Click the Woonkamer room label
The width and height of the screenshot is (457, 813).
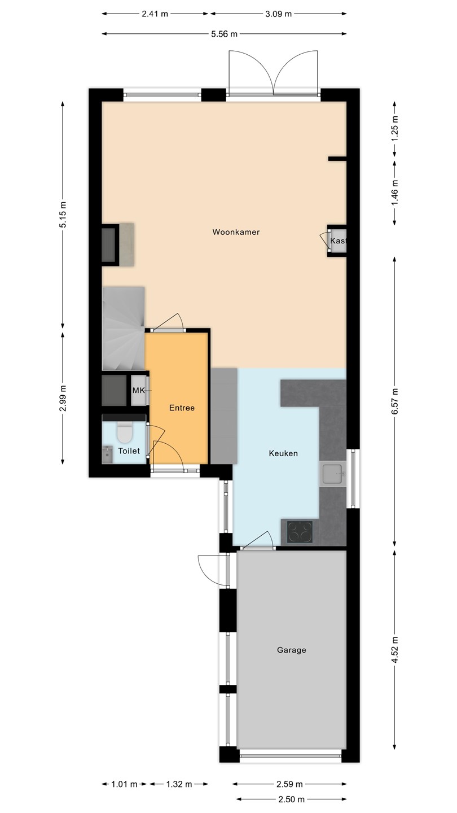click(x=236, y=232)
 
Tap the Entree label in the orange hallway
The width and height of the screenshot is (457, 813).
click(x=182, y=408)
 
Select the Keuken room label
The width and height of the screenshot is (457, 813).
click(x=283, y=453)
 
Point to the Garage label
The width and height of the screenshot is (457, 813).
click(x=291, y=650)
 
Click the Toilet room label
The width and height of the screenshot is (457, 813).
click(x=129, y=451)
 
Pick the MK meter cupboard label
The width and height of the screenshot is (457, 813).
click(x=139, y=391)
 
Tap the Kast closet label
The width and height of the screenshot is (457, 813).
click(x=338, y=241)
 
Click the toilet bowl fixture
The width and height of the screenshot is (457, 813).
click(x=124, y=432)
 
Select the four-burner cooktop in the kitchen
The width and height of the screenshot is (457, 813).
click(x=300, y=532)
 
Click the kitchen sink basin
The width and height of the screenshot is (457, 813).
click(x=332, y=474)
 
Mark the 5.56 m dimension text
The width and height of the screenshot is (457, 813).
click(x=224, y=34)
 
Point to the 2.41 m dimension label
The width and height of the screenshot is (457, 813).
click(x=155, y=14)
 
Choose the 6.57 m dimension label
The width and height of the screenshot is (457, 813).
click(x=395, y=401)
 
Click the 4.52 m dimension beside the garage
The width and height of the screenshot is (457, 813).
click(x=395, y=650)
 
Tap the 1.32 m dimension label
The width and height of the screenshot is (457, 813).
click(x=179, y=784)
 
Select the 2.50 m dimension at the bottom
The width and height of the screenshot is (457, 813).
click(x=292, y=799)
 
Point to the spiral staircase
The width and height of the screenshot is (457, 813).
click(x=124, y=329)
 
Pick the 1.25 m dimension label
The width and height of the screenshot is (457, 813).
click(x=395, y=129)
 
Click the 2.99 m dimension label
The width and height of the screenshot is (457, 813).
click(x=63, y=399)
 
